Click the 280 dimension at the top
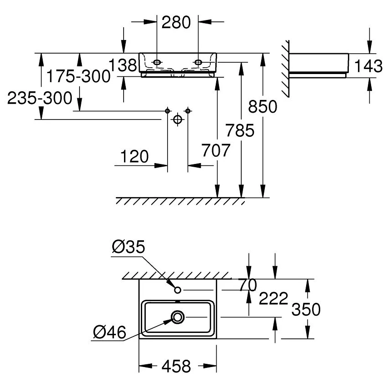point(176,22)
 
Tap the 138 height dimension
point(123,65)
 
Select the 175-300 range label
point(79,76)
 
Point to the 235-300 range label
point(40,98)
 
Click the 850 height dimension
point(263,106)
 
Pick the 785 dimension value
point(240,130)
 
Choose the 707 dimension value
point(216,150)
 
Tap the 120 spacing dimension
point(134,156)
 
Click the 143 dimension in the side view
point(368,66)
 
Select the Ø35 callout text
point(129,247)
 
